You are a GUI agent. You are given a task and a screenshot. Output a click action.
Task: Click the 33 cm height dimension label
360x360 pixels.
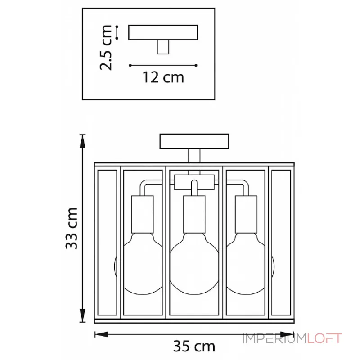click(x=72, y=228)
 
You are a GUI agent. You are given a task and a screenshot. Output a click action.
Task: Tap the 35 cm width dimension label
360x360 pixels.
click(x=194, y=346)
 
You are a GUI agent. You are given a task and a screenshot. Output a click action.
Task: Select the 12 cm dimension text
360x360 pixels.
click(x=163, y=77)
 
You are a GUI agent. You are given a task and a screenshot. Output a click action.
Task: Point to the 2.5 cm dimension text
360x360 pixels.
click(x=106, y=48)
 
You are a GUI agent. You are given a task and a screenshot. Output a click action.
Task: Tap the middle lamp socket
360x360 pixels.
click(x=194, y=215)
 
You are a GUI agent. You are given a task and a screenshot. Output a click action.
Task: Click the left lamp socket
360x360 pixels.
click(x=142, y=215)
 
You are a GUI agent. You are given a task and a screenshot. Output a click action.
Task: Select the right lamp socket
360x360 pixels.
click(x=246, y=215)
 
